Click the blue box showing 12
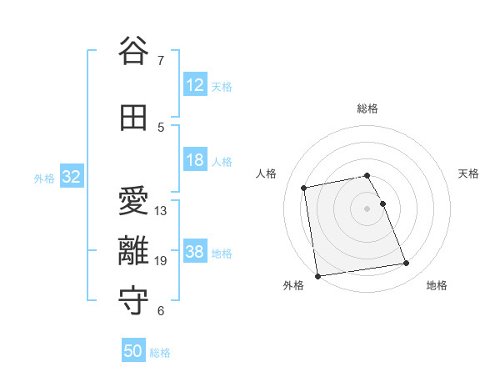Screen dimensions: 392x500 [x=195, y=85]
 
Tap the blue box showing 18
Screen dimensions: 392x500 [x=195, y=160]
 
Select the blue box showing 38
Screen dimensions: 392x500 [x=195, y=252]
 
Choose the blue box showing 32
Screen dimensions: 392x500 [x=71, y=177]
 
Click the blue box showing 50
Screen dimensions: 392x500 [x=133, y=351]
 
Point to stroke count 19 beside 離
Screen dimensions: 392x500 [x=161, y=261]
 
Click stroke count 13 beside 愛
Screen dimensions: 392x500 [x=161, y=210]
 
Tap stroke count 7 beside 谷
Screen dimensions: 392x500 [x=161, y=60]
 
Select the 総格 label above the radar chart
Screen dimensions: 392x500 [x=367, y=108]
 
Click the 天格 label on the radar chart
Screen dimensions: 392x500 [x=468, y=173]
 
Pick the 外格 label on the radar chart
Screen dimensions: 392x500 [x=293, y=285]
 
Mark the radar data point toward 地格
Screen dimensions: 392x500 [x=407, y=264]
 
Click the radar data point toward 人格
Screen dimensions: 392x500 [x=304, y=187]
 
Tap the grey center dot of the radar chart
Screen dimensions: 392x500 [x=367, y=208]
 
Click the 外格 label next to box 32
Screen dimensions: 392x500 [x=44, y=178]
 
